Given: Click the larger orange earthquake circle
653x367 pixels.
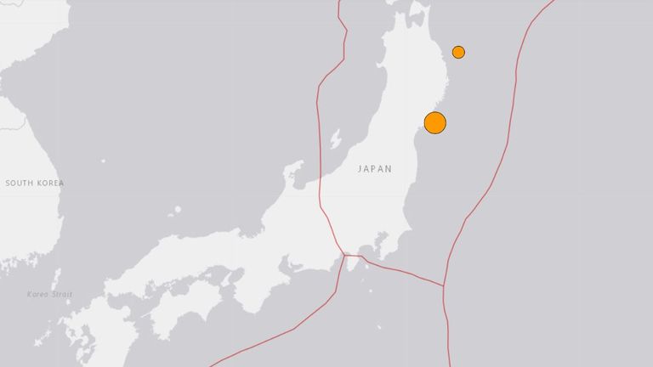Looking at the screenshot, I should (434, 122).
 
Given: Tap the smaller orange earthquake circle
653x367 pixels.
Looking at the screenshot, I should (458, 52).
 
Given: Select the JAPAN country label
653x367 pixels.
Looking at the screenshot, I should (374, 169).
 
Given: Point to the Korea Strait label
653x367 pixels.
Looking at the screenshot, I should (49, 294).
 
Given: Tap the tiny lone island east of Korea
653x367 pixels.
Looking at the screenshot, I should (102, 161).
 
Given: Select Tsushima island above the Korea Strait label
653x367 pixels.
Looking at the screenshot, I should (56, 279).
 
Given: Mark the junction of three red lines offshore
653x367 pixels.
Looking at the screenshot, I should (443, 285).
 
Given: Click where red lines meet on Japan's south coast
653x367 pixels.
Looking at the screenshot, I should (344, 254).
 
